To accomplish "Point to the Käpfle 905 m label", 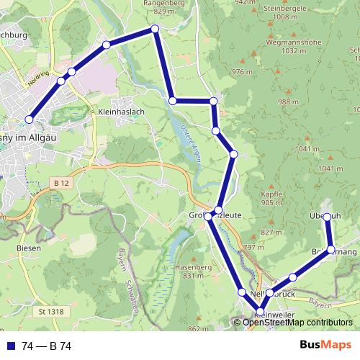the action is [271, 199].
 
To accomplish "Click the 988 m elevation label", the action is [287, 102].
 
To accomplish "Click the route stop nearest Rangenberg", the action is [154, 29].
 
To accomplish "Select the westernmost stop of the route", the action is [30, 120].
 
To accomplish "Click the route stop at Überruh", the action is [327, 217].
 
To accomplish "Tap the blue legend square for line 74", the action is [10, 346].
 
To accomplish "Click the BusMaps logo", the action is [325, 346].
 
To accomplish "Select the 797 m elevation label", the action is [249, 247].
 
